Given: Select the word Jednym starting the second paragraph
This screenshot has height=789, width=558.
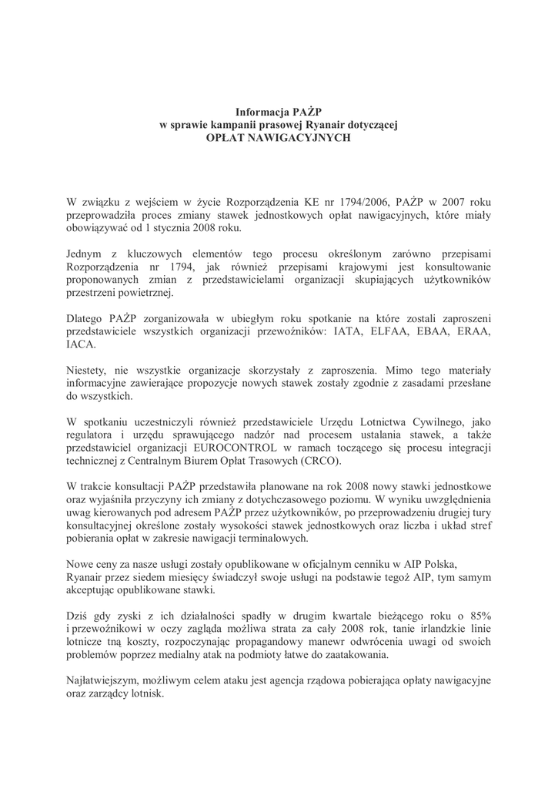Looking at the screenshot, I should coord(86,254).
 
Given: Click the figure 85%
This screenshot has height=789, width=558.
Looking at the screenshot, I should coord(477,616).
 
